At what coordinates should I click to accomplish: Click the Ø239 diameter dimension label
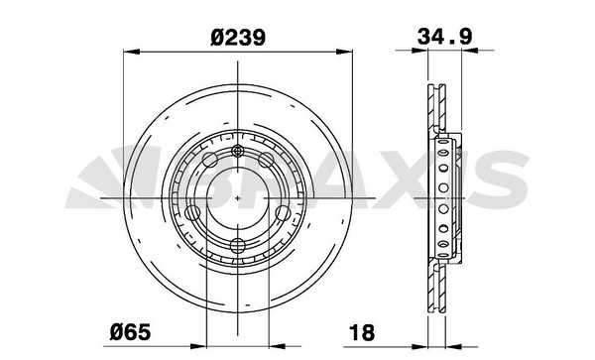(x=238, y=38)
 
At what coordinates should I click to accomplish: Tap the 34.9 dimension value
(x=444, y=37)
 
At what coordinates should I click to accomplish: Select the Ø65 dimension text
(x=130, y=332)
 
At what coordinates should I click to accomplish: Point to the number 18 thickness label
(x=362, y=332)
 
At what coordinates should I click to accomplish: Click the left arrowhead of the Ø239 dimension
(x=132, y=52)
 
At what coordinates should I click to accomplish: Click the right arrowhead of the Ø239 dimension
(x=344, y=52)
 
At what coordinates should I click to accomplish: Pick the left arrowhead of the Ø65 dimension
(x=197, y=346)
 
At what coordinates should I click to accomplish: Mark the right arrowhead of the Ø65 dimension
(x=277, y=346)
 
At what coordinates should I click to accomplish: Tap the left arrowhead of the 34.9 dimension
(x=419, y=50)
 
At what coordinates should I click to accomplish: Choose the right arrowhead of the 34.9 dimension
(x=470, y=50)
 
